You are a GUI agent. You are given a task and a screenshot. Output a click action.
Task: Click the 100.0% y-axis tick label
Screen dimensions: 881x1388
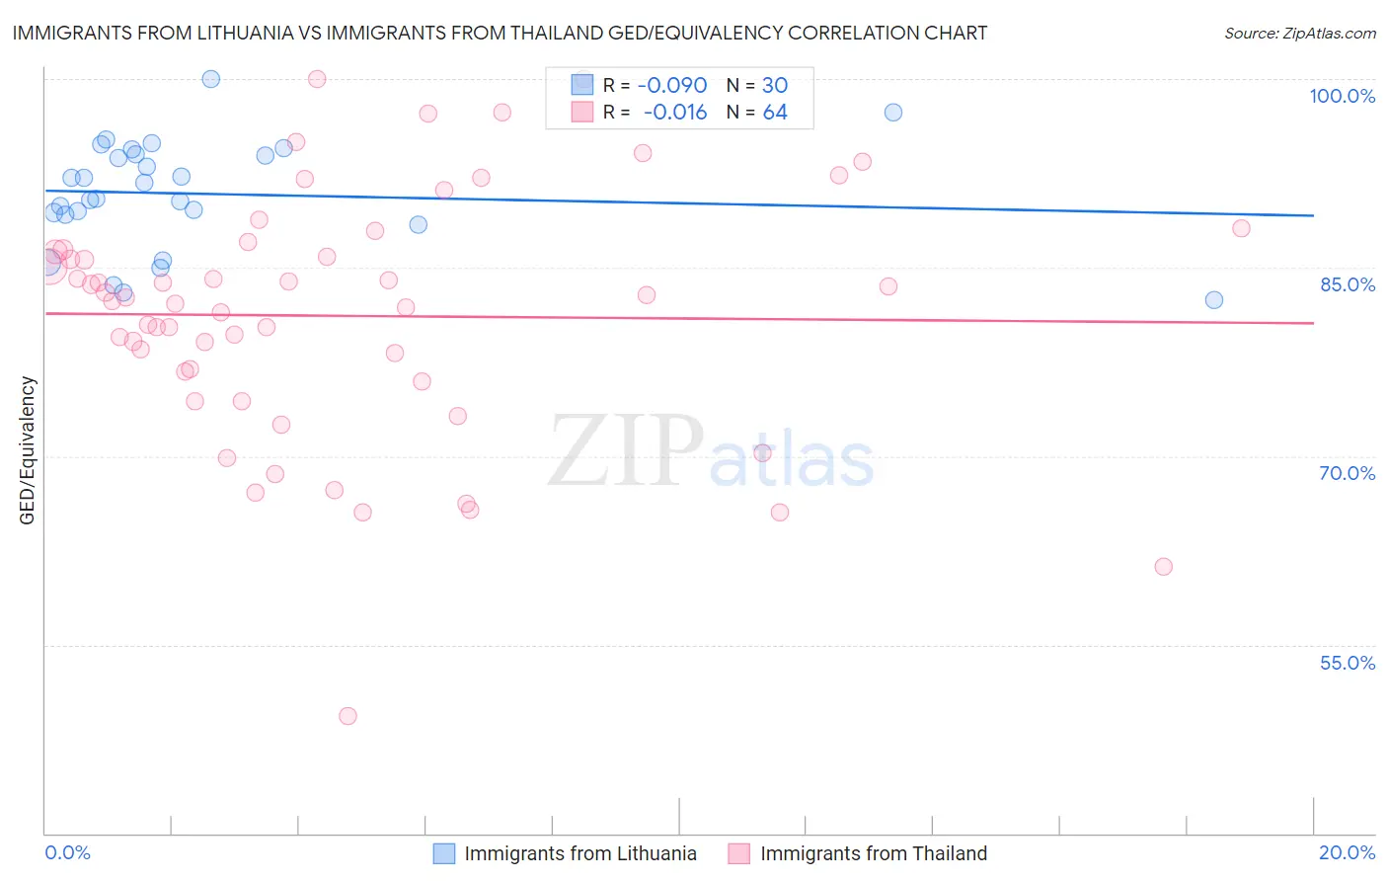pyautogui.click(x=1342, y=96)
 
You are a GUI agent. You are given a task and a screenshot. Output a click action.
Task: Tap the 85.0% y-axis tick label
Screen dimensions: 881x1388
pyautogui.click(x=1348, y=284)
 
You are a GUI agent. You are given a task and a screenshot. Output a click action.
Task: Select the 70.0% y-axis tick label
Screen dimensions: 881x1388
pyautogui.click(x=1348, y=473)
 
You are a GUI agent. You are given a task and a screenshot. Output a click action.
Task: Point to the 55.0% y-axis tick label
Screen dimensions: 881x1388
pyautogui.click(x=1348, y=663)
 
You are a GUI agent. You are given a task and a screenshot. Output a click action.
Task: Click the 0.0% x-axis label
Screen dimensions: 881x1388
pyautogui.click(x=67, y=852)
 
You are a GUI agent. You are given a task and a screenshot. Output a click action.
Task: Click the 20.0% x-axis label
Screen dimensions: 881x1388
pyautogui.click(x=1347, y=852)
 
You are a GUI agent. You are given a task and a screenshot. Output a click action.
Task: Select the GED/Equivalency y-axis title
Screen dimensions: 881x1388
pyautogui.click(x=28, y=450)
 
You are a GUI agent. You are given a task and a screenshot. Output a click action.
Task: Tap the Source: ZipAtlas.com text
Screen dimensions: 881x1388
pyautogui.click(x=1299, y=34)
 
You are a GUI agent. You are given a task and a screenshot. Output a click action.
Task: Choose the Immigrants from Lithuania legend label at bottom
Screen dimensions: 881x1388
pyautogui.click(x=579, y=853)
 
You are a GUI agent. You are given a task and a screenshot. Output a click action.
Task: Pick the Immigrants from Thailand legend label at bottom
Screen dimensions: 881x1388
pyautogui.click(x=873, y=853)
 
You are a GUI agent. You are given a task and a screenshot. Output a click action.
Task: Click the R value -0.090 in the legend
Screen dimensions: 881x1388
pyautogui.click(x=672, y=86)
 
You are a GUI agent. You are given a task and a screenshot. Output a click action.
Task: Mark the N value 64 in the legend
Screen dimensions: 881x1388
pyautogui.click(x=775, y=113)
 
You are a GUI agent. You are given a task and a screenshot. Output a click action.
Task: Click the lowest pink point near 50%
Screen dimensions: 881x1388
pyautogui.click(x=347, y=716)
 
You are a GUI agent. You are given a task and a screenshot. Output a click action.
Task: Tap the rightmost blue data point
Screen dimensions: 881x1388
pyautogui.click(x=1214, y=300)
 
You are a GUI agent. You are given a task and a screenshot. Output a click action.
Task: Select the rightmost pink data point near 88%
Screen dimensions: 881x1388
pyautogui.click(x=1241, y=228)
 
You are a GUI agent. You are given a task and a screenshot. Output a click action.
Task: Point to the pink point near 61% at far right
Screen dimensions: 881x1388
pyautogui.click(x=1164, y=567)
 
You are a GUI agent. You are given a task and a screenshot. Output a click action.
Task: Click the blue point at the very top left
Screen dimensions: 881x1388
pyautogui.click(x=210, y=79)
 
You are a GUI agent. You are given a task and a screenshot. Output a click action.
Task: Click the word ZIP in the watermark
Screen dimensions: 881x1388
pyautogui.click(x=626, y=451)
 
